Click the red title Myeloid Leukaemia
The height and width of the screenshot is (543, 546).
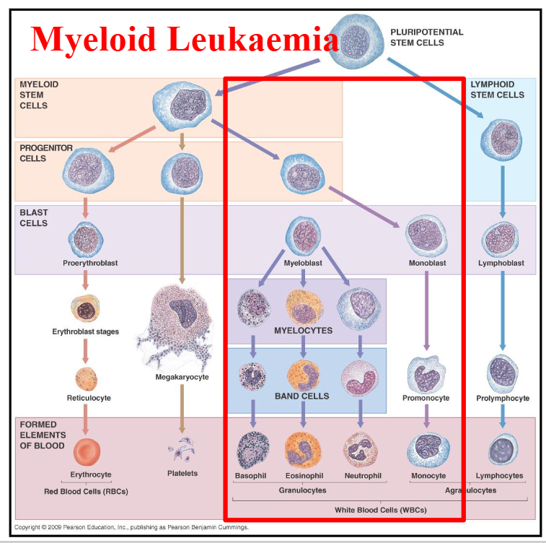pyautogui.click(x=184, y=39)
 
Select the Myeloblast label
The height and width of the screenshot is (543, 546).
pyautogui.click(x=302, y=264)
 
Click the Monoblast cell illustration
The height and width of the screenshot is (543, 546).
pyautogui.click(x=426, y=235)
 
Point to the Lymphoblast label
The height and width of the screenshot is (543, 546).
pyautogui.click(x=501, y=264)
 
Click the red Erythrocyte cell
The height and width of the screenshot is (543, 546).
pyautogui.click(x=87, y=451)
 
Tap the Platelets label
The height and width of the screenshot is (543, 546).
pyautogui.click(x=182, y=474)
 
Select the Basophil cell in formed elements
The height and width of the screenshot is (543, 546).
pyautogui.click(x=253, y=449)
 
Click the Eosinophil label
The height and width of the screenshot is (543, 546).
pyautogui.click(x=303, y=476)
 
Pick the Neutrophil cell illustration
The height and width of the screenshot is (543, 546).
pyautogui.click(x=360, y=449)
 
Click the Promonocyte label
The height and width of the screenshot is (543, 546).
pyautogui.click(x=426, y=398)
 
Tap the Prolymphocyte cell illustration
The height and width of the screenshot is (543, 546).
pyautogui.click(x=503, y=371)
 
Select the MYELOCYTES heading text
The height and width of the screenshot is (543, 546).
pyautogui.click(x=303, y=330)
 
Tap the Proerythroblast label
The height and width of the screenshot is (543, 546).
pyautogui.click(x=90, y=264)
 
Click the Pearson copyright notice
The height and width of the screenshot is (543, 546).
pyautogui.click(x=131, y=528)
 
